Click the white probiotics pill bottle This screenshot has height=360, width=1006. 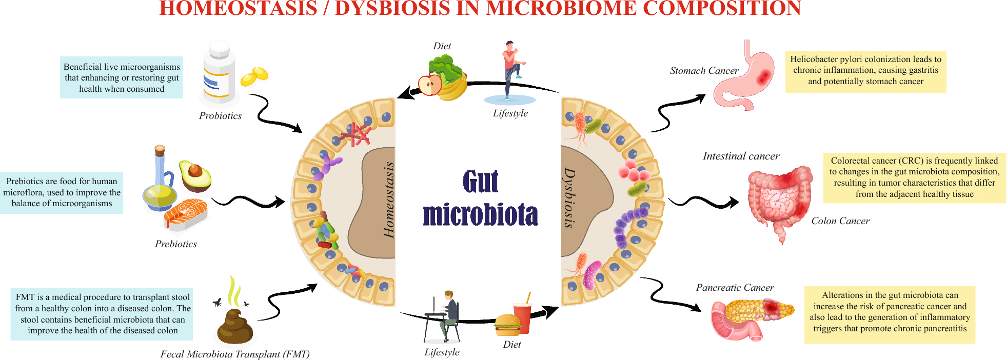219,73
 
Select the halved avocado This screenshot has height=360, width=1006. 195,175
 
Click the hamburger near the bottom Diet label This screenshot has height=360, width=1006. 507,324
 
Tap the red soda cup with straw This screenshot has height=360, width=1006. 523,316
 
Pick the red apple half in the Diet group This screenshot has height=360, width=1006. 429,85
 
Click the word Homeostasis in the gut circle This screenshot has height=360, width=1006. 389,200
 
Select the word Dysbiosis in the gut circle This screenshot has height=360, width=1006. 569,197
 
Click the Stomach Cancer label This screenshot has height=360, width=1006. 704,71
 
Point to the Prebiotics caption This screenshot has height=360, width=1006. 175,244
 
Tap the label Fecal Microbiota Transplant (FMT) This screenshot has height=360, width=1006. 235,354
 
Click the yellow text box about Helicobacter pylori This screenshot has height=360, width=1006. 865,71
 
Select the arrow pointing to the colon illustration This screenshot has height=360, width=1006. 703,202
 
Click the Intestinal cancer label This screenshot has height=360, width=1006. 741,156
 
